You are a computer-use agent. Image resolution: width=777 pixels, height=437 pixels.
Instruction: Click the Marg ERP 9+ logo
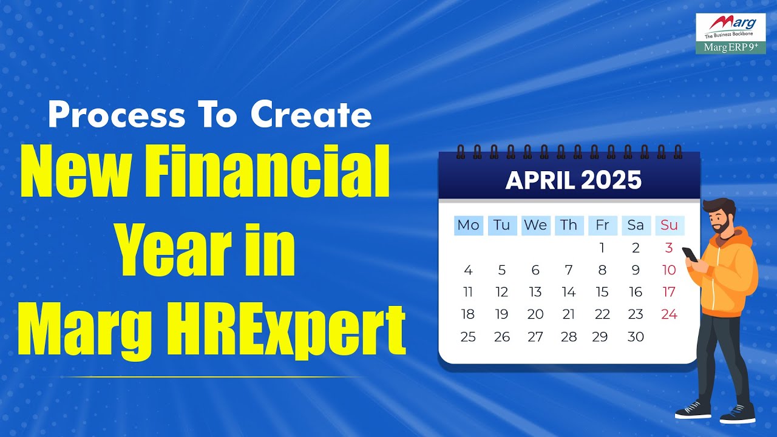coord(730,34)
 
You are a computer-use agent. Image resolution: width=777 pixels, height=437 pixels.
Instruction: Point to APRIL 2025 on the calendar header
coord(573,180)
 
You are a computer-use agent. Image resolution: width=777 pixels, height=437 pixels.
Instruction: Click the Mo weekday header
coord(468,225)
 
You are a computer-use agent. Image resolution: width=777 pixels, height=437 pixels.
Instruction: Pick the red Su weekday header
coord(669,225)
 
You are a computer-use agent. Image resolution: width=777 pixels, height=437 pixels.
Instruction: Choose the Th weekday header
coord(569,225)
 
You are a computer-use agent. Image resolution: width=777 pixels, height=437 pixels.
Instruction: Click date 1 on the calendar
coord(602,248)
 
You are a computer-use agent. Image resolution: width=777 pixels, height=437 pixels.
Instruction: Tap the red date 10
coord(669,270)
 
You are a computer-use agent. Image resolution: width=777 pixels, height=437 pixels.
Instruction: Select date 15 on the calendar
coord(602,292)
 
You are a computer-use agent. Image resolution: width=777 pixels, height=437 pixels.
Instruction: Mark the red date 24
coord(669,314)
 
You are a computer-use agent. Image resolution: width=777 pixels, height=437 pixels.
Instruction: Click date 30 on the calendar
coord(635,337)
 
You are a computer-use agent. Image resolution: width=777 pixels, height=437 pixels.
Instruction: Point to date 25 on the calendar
coord(468,337)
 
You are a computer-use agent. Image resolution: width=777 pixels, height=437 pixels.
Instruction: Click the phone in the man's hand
coord(690,254)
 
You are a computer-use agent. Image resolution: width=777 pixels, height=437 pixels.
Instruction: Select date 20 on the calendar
coord(535,314)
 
